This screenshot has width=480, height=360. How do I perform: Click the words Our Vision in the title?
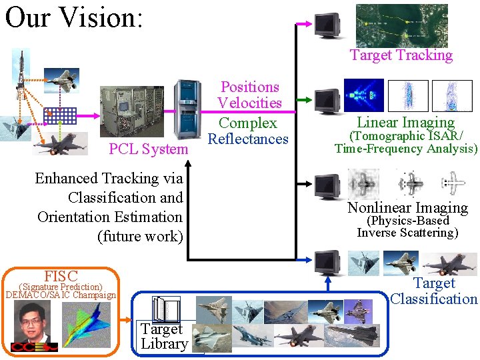[x=73, y=18]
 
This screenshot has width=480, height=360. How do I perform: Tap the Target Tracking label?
[x=401, y=55]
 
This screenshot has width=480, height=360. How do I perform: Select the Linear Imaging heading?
[x=405, y=122]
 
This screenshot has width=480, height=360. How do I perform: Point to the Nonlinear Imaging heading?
[x=407, y=207]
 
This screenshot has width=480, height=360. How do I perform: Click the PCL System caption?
[x=148, y=149]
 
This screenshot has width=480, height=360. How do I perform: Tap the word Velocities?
[x=249, y=103]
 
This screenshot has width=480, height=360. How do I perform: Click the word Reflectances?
[x=248, y=139]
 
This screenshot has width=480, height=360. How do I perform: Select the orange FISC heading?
[x=61, y=276]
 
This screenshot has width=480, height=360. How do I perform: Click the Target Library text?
[x=164, y=337]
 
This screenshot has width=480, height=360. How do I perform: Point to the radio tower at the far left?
[x=21, y=80]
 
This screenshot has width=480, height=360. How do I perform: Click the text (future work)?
[x=140, y=236]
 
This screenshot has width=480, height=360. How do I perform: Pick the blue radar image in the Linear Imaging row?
[x=363, y=95]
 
